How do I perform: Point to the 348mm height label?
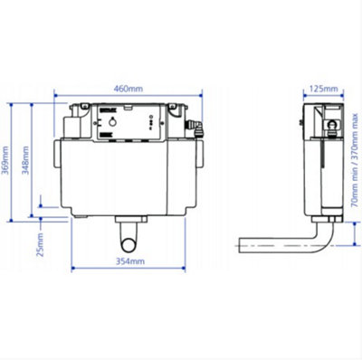(x=26, y=161)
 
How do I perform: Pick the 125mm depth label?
(x=322, y=89)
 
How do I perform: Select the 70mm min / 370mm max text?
(x=353, y=172)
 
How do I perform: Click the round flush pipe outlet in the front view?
(x=130, y=241)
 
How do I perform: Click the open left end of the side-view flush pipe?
(x=241, y=243)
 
